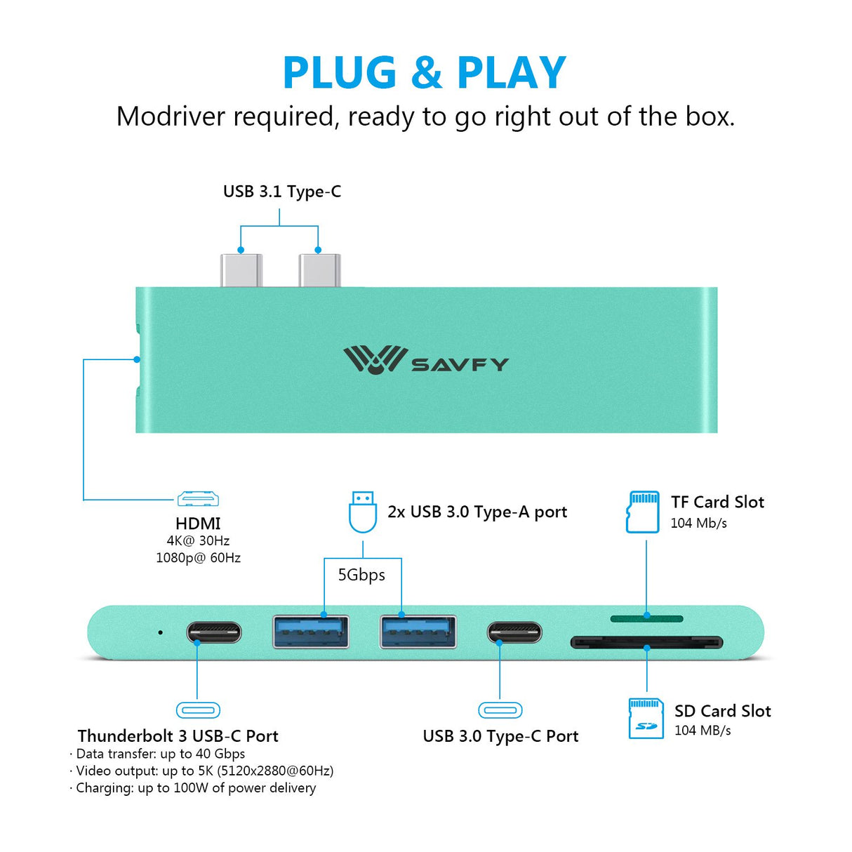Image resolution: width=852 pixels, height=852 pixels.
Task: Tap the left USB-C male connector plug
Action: [x=241, y=271]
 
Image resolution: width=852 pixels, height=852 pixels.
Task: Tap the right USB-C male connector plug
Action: [x=319, y=271]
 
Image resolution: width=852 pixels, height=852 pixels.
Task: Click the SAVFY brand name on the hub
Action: [x=460, y=365]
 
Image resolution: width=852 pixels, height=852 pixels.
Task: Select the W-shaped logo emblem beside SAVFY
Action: [x=374, y=359]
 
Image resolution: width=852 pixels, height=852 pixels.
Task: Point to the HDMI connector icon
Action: [x=198, y=499]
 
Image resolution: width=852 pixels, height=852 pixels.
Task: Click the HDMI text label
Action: [x=198, y=524]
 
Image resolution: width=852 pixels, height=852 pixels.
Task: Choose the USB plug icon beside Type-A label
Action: [x=363, y=512]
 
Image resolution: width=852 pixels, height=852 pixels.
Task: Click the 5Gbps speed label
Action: [x=361, y=575]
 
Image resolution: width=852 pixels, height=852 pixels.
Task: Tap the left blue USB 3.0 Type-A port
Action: [x=310, y=631]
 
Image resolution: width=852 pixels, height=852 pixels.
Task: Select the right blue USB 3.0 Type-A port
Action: [x=418, y=631]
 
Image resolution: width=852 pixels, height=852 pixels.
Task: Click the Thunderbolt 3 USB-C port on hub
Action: [x=214, y=632]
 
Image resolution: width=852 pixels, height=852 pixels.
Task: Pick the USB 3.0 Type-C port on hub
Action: [x=514, y=632]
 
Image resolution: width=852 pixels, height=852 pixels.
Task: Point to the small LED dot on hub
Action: [x=161, y=632]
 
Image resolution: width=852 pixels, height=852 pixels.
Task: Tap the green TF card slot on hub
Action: [x=646, y=618]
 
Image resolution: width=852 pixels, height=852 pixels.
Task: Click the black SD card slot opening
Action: [x=646, y=642]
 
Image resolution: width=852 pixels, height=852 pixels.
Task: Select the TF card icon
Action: [x=643, y=512]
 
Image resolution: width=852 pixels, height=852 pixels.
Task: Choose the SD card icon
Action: [x=646, y=719]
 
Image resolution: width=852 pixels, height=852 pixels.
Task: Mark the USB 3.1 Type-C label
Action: [x=282, y=192]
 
